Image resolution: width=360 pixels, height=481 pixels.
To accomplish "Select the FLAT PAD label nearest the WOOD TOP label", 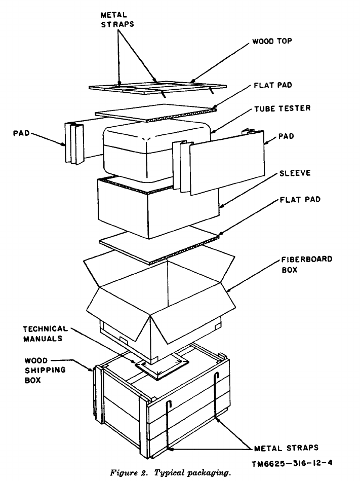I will coord(274,85).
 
